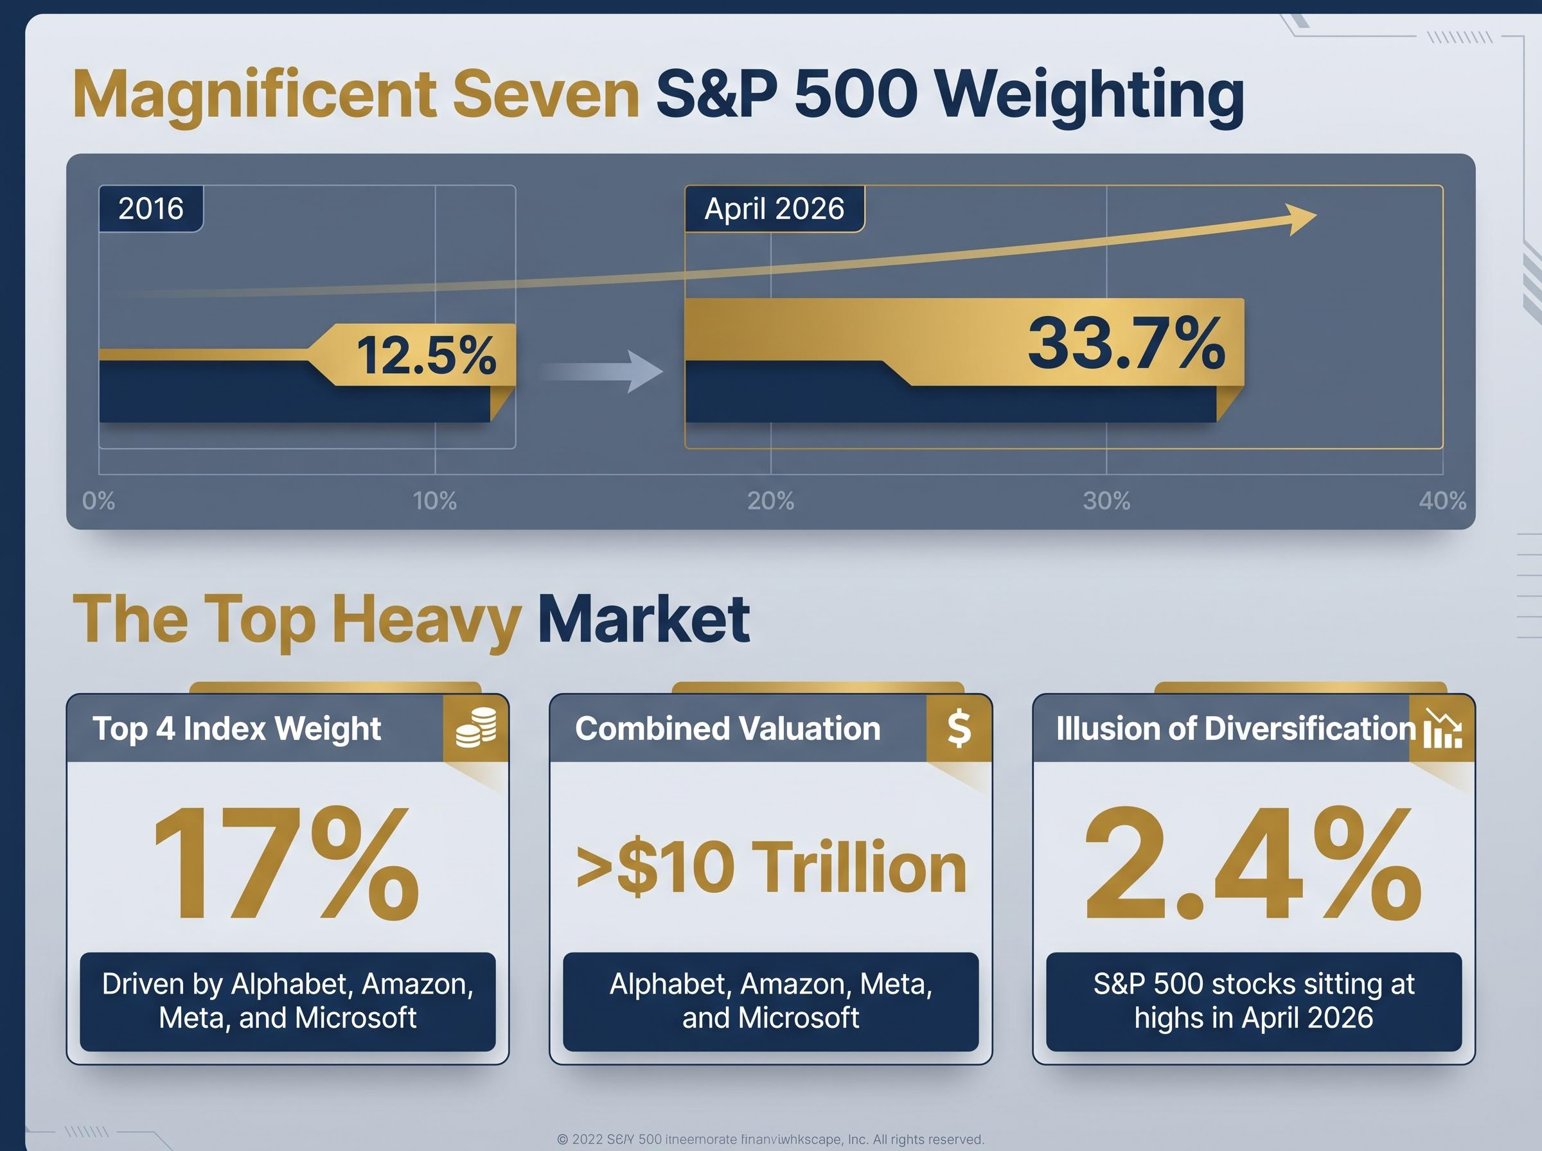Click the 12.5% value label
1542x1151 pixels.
426,355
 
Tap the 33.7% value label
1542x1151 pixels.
1126,343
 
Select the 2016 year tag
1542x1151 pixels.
150,208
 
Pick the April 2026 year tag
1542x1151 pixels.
774,208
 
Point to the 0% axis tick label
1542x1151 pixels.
98,501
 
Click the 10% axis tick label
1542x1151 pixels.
435,501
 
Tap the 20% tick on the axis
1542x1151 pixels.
770,501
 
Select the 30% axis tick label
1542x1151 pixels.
1106,501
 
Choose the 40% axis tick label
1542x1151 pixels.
1442,501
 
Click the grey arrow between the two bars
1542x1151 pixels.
603,371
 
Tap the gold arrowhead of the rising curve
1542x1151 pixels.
1300,219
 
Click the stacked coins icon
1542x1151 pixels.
476,728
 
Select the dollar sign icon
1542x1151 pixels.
959,728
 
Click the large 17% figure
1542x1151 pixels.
287,865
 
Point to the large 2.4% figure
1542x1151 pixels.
1253,865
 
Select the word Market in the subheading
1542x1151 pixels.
643,619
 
